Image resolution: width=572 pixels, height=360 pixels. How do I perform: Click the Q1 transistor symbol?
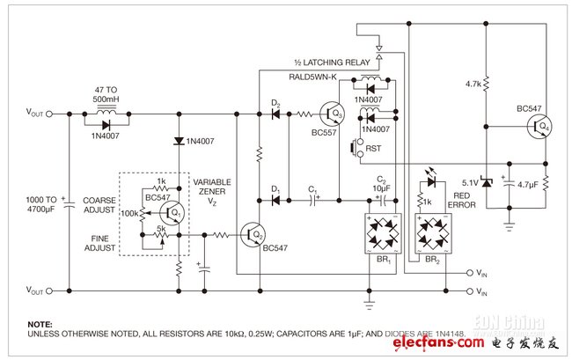[x=172, y=215]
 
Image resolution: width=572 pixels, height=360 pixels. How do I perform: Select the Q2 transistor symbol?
[x=254, y=235]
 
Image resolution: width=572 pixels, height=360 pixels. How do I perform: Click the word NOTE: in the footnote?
[x=40, y=324]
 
